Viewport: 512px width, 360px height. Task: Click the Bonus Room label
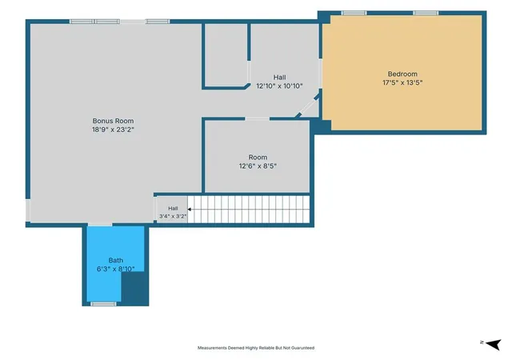(x=113, y=121)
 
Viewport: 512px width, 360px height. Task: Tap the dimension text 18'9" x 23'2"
(x=113, y=130)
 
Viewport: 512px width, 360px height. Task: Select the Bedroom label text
(x=402, y=74)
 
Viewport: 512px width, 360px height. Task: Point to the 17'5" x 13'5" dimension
(x=402, y=82)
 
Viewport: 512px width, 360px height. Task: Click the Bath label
(x=115, y=260)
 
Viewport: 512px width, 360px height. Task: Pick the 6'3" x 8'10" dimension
(x=115, y=269)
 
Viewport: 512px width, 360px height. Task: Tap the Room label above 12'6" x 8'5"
(x=258, y=158)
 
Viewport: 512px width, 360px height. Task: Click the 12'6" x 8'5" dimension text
(x=258, y=166)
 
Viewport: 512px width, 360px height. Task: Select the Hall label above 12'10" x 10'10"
(x=279, y=78)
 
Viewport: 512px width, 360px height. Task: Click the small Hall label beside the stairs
(x=173, y=209)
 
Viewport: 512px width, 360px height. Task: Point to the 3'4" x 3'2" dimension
(x=173, y=216)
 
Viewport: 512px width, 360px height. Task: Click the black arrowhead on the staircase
(x=189, y=210)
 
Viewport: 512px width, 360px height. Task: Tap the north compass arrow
(x=494, y=344)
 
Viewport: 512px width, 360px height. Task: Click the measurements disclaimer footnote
(x=256, y=348)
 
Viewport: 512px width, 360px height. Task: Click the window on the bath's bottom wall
(x=103, y=304)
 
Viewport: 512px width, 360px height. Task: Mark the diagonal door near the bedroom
(x=308, y=106)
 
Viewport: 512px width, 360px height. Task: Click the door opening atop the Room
(x=258, y=119)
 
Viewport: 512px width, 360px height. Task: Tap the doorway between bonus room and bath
(x=100, y=225)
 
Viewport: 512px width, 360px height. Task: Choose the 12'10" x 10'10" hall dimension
(x=279, y=86)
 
